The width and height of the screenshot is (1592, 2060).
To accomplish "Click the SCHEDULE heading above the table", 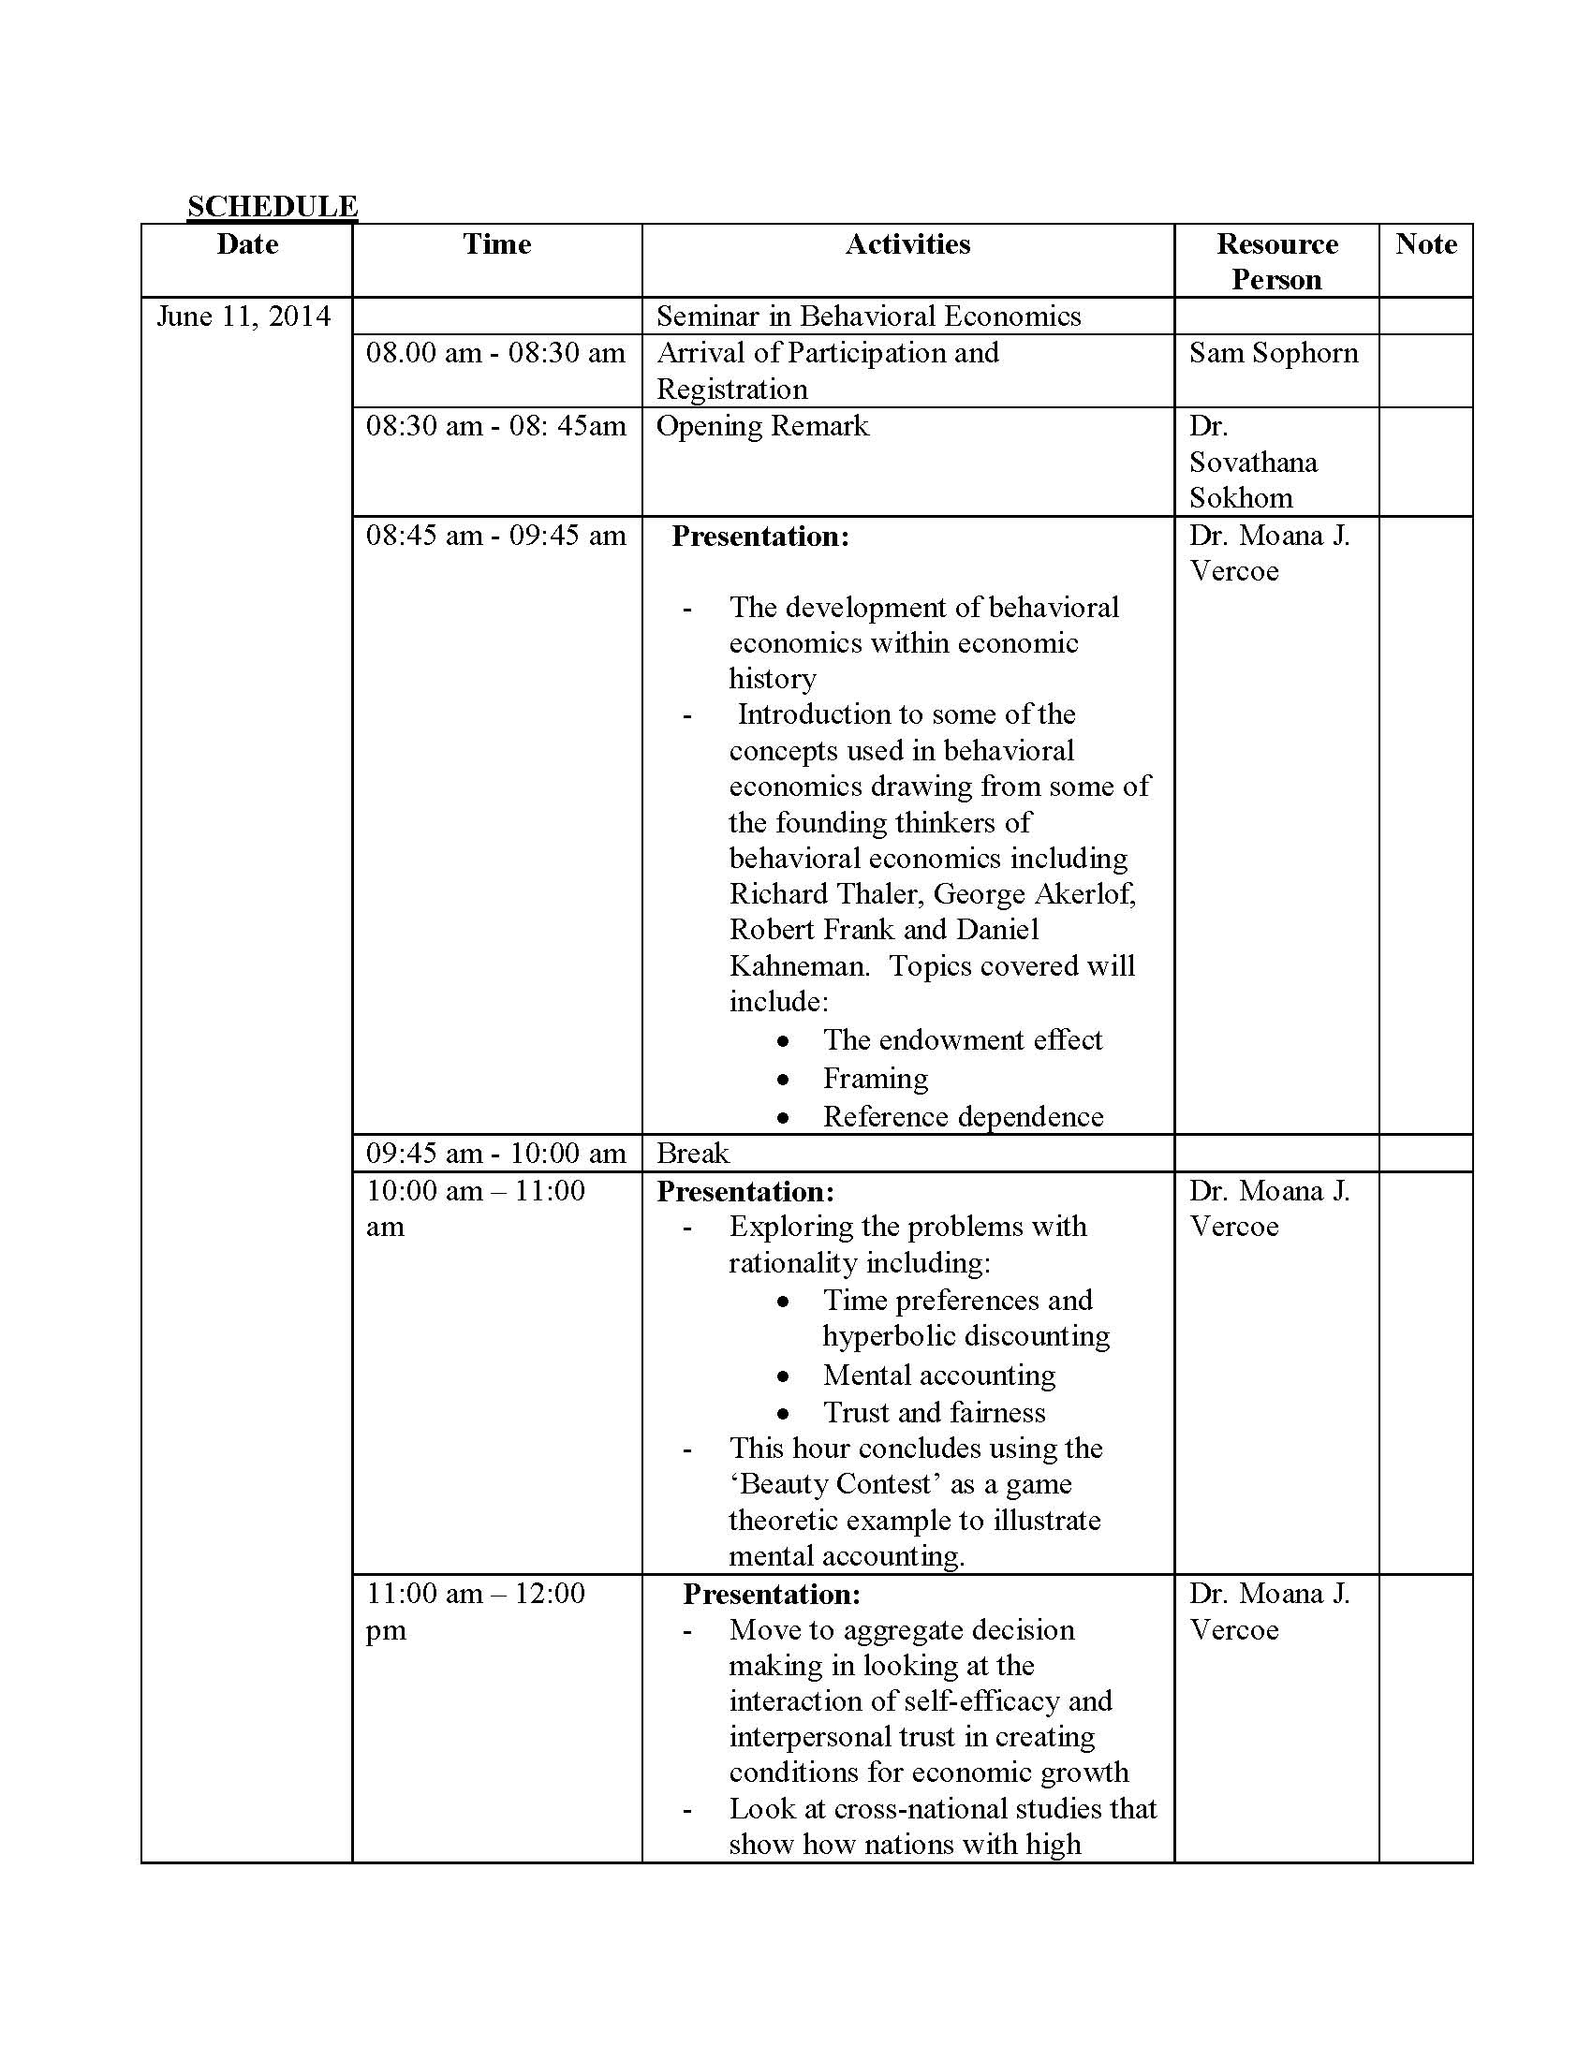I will (272, 206).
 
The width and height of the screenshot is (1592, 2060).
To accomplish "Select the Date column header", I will (247, 244).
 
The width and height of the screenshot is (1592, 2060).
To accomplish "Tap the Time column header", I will (496, 244).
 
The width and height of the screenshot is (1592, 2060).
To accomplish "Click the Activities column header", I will (907, 244).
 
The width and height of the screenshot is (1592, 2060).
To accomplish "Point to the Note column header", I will (1425, 244).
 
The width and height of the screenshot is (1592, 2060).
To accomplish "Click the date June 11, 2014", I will (243, 316).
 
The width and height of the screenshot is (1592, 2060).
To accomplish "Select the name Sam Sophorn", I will (1274, 353).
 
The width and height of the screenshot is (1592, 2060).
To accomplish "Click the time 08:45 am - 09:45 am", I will (496, 536).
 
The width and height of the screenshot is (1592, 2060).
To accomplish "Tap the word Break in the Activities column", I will (692, 1153).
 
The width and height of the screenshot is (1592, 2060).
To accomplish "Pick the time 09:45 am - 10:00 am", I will (496, 1153).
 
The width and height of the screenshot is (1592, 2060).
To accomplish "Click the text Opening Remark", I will (762, 426).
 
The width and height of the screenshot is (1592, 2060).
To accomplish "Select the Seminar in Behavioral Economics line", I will (868, 316).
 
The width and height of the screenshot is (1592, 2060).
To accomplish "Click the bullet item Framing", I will (876, 1078).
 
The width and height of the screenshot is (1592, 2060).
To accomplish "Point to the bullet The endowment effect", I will (962, 1039).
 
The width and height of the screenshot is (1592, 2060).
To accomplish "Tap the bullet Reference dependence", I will (963, 1117).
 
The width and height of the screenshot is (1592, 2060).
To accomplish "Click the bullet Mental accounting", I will (938, 1376).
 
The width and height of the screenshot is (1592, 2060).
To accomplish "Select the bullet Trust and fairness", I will (934, 1413).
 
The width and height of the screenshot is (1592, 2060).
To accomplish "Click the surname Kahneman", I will (799, 966).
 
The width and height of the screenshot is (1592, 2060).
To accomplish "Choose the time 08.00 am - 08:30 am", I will (496, 353).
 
